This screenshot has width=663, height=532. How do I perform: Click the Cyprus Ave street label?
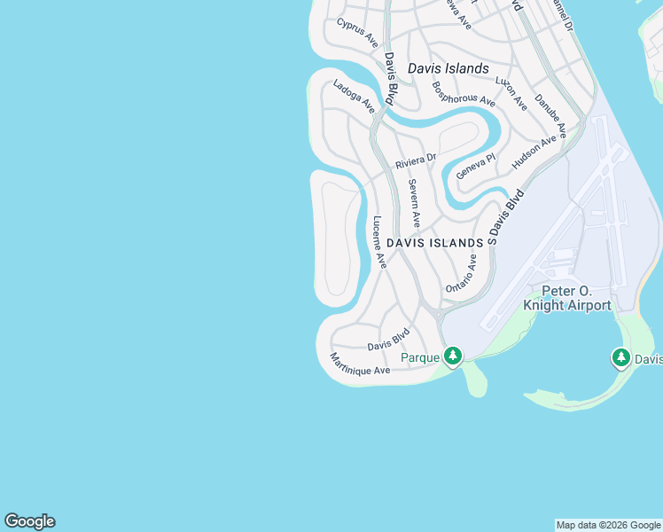(x=357, y=34)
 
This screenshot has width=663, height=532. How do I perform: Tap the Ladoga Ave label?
(x=354, y=97)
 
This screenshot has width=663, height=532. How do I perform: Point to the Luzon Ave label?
(x=511, y=93)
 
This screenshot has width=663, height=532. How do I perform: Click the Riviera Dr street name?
(x=417, y=160)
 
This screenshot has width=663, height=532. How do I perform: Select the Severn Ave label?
(x=414, y=202)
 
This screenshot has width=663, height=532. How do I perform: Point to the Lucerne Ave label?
(x=379, y=242)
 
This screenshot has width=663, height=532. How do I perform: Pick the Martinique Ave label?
(x=360, y=364)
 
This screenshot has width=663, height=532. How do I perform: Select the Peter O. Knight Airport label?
(x=567, y=298)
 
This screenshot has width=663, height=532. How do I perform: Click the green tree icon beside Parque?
(x=453, y=356)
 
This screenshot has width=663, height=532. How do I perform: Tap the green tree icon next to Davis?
(x=620, y=358)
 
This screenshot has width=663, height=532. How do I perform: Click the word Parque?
(x=421, y=357)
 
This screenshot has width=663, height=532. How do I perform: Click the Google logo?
(x=29, y=521)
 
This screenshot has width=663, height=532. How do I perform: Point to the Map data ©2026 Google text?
(x=608, y=525)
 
